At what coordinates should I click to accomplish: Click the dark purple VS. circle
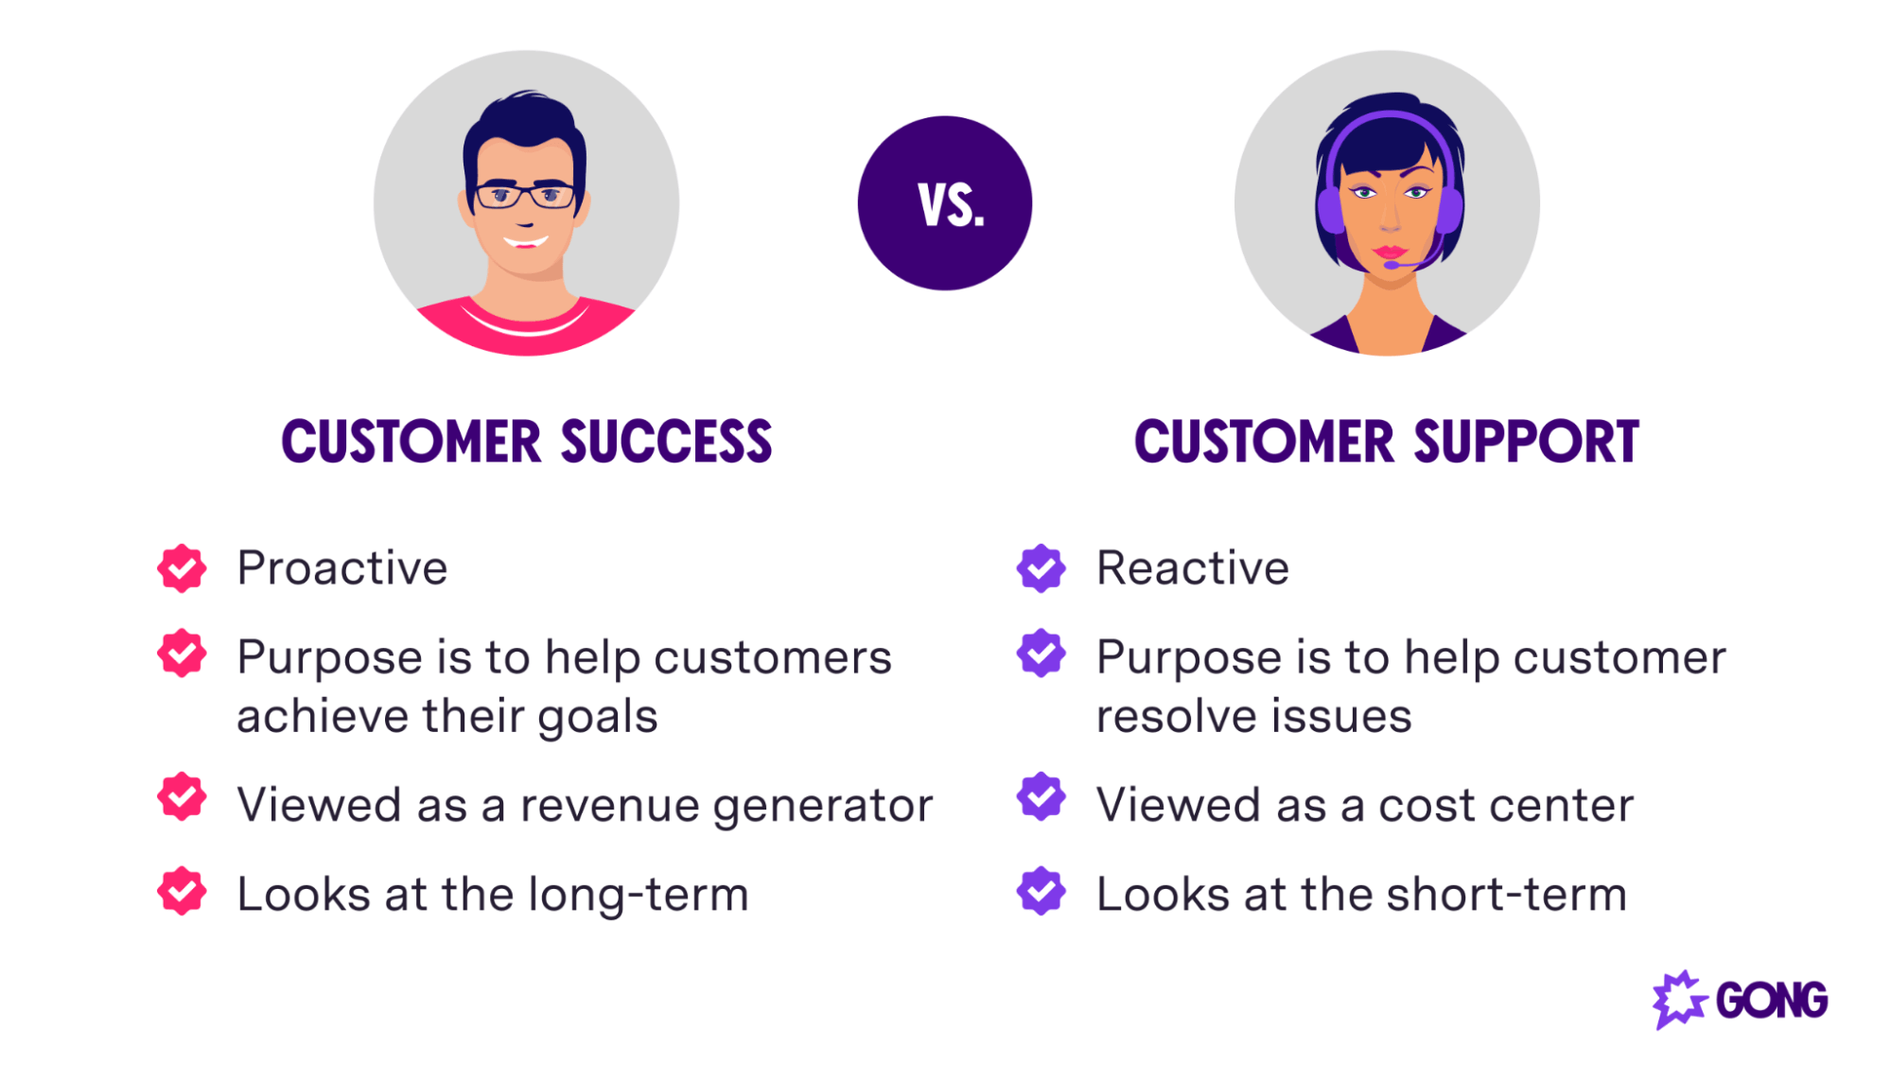tap(944, 203)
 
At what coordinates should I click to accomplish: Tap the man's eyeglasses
tap(525, 197)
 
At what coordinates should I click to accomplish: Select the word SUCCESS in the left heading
tap(666, 443)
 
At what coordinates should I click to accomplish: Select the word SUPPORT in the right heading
tap(1526, 443)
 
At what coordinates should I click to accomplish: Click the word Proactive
tap(341, 568)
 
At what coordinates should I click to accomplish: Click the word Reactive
tap(1192, 568)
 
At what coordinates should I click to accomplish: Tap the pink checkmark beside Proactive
tap(182, 568)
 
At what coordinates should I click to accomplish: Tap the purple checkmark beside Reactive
tap(1041, 568)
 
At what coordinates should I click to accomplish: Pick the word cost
tap(1420, 806)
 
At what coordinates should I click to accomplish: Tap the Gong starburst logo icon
tap(1678, 1000)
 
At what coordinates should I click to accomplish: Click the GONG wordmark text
tap(1771, 1001)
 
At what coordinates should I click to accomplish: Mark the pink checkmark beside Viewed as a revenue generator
tap(182, 797)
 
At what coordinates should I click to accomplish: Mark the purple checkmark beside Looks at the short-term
tap(1041, 891)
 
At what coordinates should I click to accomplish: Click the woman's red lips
tap(1390, 252)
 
